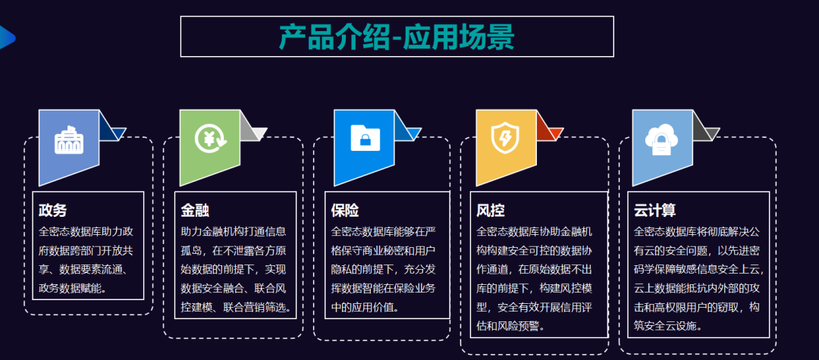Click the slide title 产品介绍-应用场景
tap(397, 36)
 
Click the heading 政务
tap(52, 210)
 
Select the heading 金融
tap(195, 210)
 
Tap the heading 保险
tap(345, 210)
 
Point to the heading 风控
tap(491, 210)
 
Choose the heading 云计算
tap(654, 210)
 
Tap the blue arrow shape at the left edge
tap(6, 36)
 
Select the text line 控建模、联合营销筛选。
tap(236, 307)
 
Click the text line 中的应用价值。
tap(365, 307)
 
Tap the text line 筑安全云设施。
tap(667, 327)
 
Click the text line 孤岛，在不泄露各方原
tap(234, 250)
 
